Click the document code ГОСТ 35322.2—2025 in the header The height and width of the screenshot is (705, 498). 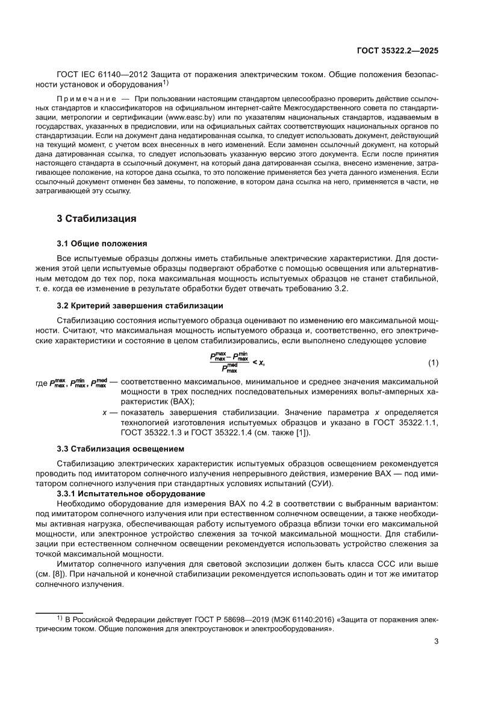click(x=398, y=51)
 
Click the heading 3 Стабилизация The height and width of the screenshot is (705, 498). click(x=96, y=218)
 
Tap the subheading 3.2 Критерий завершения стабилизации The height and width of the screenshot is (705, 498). click(x=140, y=306)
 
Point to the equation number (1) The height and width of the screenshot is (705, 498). click(x=433, y=362)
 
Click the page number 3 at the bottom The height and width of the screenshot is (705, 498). click(x=436, y=641)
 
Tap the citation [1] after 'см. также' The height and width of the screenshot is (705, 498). click(x=303, y=432)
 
